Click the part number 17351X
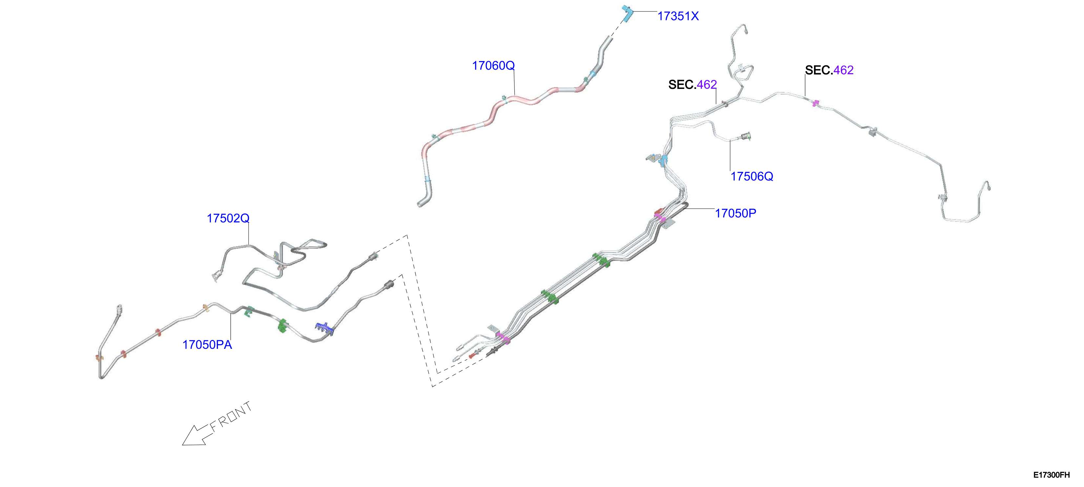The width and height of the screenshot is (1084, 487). (678, 16)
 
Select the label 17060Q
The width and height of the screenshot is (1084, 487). (493, 66)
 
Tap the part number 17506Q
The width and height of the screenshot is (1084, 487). (752, 176)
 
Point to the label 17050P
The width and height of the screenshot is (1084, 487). (736, 213)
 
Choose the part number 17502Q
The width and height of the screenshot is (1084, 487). (228, 219)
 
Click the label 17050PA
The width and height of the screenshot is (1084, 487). (207, 345)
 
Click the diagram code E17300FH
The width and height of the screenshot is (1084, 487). (1051, 475)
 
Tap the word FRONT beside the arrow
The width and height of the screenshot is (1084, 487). (231, 416)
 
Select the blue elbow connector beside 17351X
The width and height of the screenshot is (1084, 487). (627, 13)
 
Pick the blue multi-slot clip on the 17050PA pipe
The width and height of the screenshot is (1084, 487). (324, 328)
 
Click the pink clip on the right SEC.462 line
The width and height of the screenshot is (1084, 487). (816, 103)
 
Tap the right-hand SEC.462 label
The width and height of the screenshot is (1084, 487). (829, 70)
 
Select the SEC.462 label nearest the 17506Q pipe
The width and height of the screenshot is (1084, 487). (692, 85)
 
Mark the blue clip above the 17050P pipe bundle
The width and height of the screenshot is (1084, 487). (664, 160)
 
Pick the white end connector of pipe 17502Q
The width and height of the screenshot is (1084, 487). (216, 276)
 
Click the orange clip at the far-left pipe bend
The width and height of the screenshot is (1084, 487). (98, 358)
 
